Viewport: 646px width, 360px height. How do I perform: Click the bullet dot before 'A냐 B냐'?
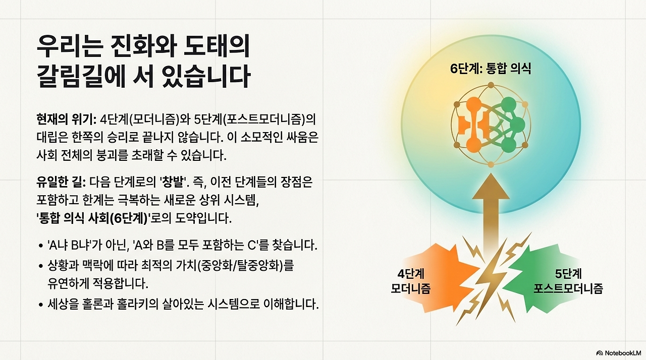pyautogui.click(x=40, y=247)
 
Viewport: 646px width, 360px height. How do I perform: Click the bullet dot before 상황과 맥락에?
pyautogui.click(x=40, y=265)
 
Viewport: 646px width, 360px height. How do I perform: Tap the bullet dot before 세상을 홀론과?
pyautogui.click(x=40, y=306)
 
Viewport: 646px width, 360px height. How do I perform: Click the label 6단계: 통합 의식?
pyautogui.click(x=491, y=69)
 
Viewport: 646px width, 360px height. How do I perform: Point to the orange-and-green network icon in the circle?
pyautogui.click(x=490, y=126)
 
